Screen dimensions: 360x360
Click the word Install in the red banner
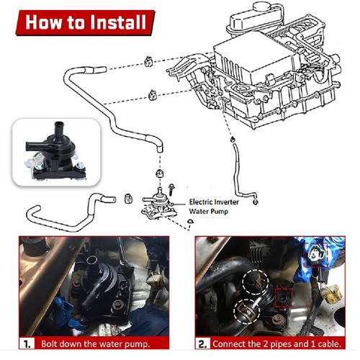pyautogui.click(x=118, y=22)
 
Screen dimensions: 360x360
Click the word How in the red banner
pyautogui.click(x=43, y=22)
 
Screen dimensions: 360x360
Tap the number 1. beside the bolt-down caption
pyautogui.click(x=27, y=344)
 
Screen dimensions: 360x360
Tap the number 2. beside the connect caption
pyautogui.click(x=203, y=344)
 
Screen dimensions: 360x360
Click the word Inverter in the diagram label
pyautogui.click(x=225, y=202)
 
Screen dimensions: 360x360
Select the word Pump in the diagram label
pyautogui.click(x=220, y=212)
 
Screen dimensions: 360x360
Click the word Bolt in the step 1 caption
pyautogui.click(x=49, y=343)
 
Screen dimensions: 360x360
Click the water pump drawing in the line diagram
pyautogui.click(x=159, y=204)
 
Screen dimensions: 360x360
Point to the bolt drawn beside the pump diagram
pyautogui.click(x=171, y=189)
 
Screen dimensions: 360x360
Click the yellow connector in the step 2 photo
pyautogui.click(x=332, y=294)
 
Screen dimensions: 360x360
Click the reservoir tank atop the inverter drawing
pyautogui.click(x=256, y=17)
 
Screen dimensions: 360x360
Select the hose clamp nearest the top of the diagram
pyautogui.click(x=148, y=61)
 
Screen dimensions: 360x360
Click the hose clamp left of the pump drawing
pyautogui.click(x=128, y=199)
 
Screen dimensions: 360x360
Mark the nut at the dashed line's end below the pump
pyautogui.click(x=190, y=221)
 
